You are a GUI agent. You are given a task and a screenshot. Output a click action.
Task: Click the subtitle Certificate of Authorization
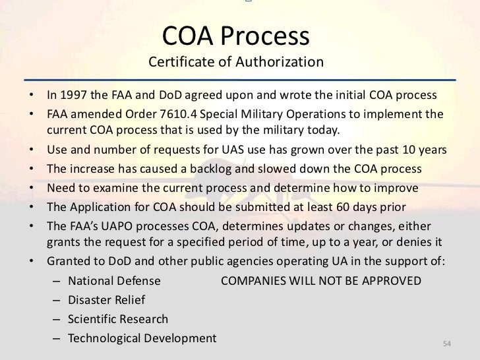235,64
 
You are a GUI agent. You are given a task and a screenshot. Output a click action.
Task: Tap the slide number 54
446,345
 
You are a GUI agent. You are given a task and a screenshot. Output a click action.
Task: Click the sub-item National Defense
114,280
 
